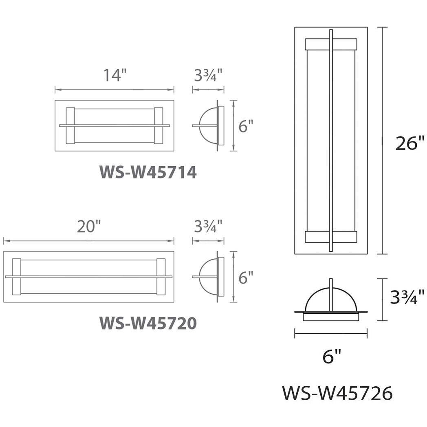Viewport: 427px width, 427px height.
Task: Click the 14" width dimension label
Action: coord(115,75)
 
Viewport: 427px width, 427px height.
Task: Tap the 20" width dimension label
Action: coord(89,226)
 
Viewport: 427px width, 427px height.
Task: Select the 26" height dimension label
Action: coord(410,143)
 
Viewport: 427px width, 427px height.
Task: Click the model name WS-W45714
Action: coord(148,172)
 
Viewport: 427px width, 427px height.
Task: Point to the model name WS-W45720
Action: coord(148,323)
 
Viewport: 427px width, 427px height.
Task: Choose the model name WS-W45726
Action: coord(337,393)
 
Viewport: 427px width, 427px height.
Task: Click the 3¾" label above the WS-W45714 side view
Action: coord(208,75)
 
